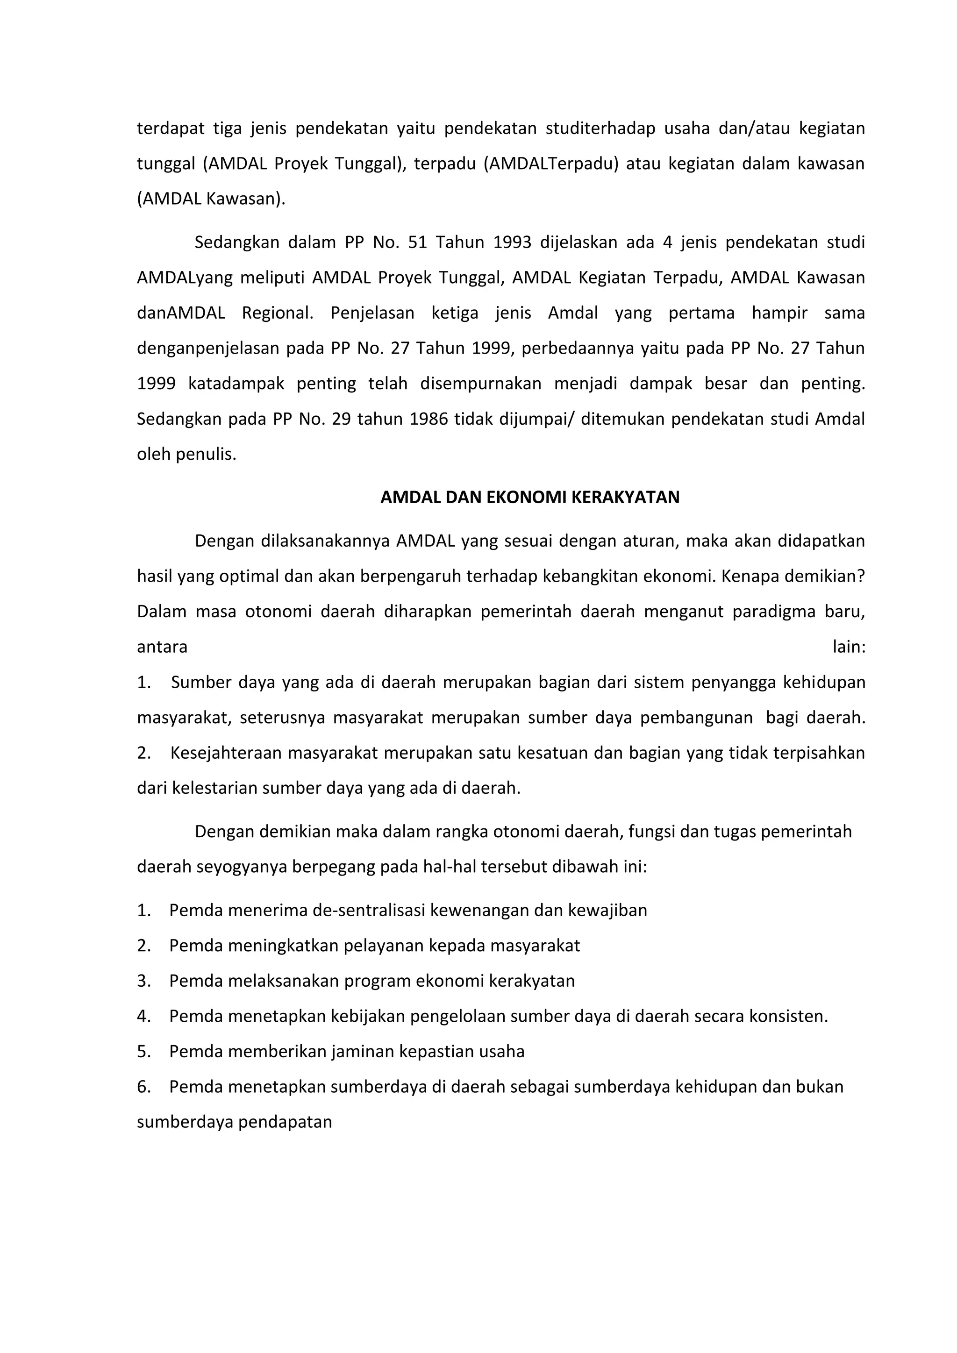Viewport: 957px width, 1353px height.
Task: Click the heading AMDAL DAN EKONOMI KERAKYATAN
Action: click(x=530, y=498)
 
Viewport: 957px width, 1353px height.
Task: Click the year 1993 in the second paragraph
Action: click(x=512, y=242)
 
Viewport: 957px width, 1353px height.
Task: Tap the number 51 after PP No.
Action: click(x=417, y=242)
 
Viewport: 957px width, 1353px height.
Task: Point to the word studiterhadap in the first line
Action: click(x=600, y=128)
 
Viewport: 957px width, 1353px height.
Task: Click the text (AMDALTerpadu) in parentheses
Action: click(x=550, y=164)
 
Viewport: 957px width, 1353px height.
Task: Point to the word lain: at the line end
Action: click(x=849, y=647)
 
